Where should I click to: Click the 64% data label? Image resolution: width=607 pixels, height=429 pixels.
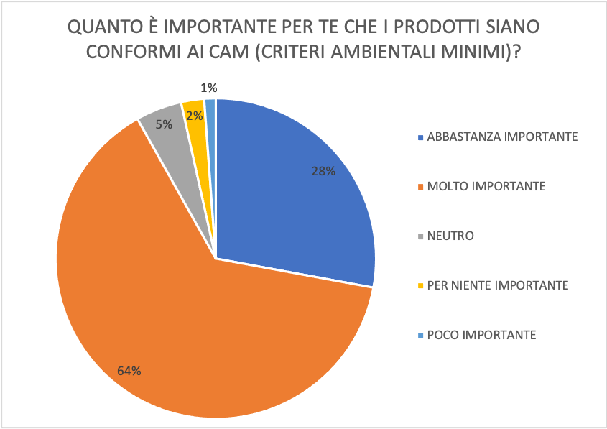pos(129,371)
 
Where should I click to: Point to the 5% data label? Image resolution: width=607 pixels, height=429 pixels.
pos(164,124)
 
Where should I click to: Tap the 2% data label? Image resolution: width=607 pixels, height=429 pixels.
pos(194,115)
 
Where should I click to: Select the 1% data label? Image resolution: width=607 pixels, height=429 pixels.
pos(209,88)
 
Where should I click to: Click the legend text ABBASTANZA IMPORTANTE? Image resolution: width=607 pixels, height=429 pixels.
pos(502,137)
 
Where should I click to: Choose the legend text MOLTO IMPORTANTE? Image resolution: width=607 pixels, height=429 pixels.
pos(486,186)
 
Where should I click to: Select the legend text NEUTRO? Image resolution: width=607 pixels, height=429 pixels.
pos(450,236)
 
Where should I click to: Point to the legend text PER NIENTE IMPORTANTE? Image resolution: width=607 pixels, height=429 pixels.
pos(498,285)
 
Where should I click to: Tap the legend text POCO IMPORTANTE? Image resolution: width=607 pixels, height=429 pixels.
pos(481,335)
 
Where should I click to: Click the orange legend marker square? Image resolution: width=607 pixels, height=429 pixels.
pos(420,187)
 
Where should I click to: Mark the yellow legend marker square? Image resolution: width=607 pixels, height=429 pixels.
pos(420,286)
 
